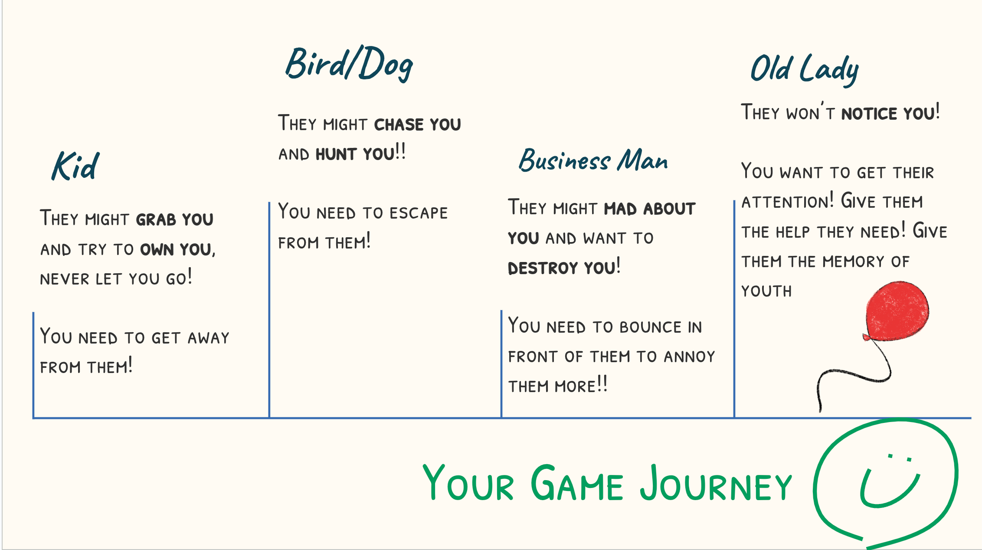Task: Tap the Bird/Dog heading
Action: coord(349,64)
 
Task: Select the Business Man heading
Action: coord(593,160)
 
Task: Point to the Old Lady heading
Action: coord(805,69)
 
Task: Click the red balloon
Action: coord(897,311)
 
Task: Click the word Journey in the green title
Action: coord(716,483)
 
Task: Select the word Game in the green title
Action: coord(577,482)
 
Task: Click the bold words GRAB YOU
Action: coord(175,219)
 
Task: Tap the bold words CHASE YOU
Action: coord(417,125)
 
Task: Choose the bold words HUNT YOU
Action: coord(355,154)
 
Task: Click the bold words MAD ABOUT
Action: coord(650,209)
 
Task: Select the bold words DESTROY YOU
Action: coord(562,268)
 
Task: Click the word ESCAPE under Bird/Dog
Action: coord(419,213)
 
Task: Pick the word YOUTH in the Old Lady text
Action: coord(766,291)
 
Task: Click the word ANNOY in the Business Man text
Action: coord(689,357)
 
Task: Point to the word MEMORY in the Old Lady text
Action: coord(853,262)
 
